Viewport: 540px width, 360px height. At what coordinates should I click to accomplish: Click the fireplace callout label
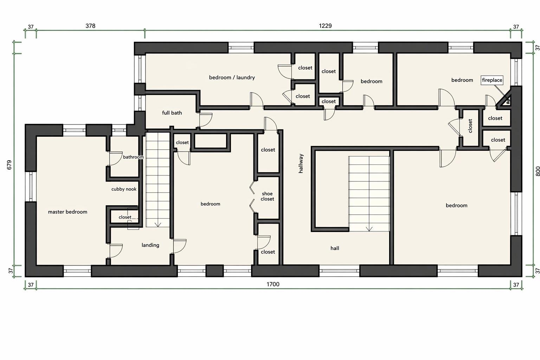(492, 80)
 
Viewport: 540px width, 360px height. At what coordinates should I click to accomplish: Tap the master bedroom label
(67, 212)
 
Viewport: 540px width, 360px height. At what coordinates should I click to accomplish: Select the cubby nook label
(124, 189)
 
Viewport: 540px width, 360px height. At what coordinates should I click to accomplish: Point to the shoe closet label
(267, 196)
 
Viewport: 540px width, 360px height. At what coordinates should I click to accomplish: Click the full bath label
(172, 113)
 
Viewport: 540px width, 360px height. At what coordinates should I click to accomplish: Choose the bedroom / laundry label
(232, 77)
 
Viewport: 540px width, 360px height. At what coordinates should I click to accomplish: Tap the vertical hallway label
(301, 163)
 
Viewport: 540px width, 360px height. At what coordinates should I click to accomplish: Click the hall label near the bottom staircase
(335, 248)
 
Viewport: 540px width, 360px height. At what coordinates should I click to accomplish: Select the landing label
(150, 245)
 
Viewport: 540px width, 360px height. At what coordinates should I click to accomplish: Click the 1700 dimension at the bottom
(273, 284)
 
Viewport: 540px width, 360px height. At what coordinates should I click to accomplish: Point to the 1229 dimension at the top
(325, 26)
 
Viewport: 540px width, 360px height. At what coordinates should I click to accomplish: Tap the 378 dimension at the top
(90, 26)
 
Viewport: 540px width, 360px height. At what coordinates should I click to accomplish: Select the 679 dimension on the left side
(9, 165)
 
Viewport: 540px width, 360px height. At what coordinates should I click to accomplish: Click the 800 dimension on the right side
(538, 171)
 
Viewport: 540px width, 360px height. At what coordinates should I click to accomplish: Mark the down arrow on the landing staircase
(157, 225)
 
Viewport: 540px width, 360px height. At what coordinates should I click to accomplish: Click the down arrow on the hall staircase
(369, 229)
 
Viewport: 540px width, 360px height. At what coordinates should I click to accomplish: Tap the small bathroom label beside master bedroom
(133, 157)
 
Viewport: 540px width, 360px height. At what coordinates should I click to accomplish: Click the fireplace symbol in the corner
(506, 101)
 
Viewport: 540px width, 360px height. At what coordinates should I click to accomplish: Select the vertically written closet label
(470, 126)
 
